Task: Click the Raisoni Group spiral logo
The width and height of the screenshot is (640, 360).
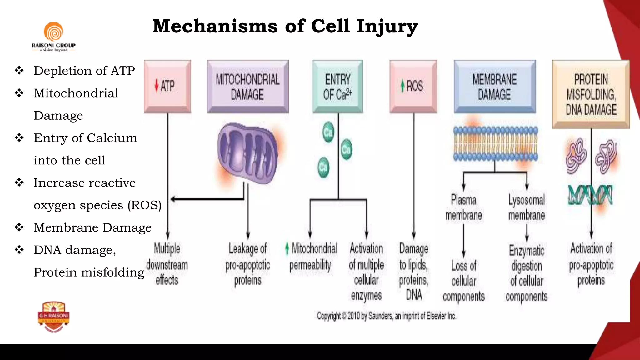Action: tap(53, 32)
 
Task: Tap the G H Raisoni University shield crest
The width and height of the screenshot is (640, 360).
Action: tap(54, 317)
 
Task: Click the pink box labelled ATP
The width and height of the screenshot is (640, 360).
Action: tap(167, 86)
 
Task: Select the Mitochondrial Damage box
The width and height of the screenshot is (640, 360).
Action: tap(247, 87)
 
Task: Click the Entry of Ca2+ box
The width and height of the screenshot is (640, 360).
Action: tap(338, 87)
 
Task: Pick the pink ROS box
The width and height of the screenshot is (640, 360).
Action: tap(413, 86)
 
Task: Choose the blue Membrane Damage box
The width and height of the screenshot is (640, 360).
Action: tap(495, 87)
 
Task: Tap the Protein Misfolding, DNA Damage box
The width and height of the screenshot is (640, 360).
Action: tap(591, 94)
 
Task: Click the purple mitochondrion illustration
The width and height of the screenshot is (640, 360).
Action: tap(247, 152)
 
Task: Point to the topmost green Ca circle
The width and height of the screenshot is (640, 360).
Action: tap(328, 132)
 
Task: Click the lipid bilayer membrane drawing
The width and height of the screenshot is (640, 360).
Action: tap(496, 143)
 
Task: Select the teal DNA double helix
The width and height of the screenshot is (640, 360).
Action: tap(590, 195)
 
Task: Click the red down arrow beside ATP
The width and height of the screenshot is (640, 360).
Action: tap(157, 85)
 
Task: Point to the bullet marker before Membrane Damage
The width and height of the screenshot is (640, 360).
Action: tap(19, 227)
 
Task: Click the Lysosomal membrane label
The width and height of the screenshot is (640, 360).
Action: tap(527, 207)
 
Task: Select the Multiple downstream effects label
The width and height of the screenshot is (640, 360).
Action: tap(167, 264)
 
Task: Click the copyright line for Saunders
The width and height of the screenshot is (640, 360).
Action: tap(387, 316)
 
